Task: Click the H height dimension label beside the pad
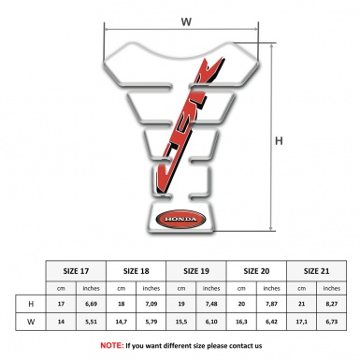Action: click(279, 141)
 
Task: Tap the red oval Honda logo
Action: click(177, 221)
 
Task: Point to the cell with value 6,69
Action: click(90, 305)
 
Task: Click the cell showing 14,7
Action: click(121, 323)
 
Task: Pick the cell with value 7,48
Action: click(211, 305)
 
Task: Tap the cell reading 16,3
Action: click(242, 323)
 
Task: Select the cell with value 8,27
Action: click(332, 305)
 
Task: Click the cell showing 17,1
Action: click(302, 323)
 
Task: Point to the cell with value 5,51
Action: click(90, 323)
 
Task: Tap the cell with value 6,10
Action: click(211, 323)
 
